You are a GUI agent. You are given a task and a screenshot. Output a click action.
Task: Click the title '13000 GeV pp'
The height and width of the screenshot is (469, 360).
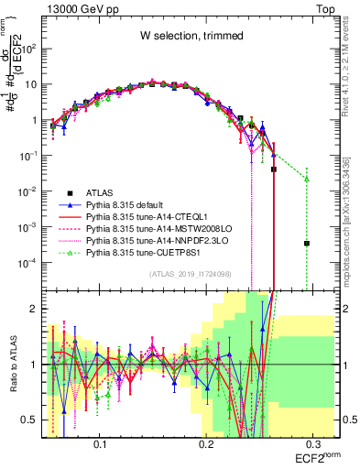(x=82, y=7)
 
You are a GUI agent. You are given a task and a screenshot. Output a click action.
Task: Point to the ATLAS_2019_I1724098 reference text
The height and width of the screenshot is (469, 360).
(x=202, y=274)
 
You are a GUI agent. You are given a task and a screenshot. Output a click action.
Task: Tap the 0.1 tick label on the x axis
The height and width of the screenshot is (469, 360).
(x=101, y=442)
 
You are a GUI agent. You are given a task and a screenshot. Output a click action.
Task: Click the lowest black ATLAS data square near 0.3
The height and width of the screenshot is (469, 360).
(x=307, y=244)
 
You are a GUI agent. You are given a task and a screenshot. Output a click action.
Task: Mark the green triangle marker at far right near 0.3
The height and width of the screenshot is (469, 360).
(x=307, y=179)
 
